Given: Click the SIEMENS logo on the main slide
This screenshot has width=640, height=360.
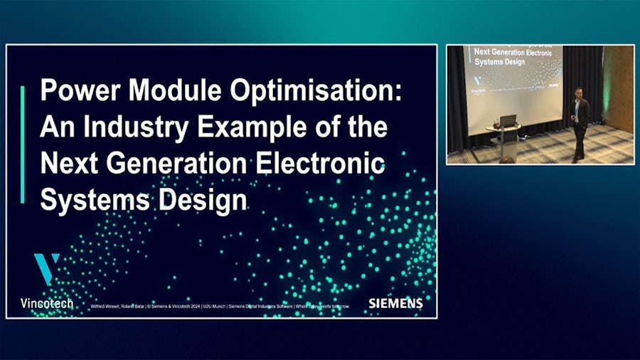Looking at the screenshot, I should click(x=395, y=303).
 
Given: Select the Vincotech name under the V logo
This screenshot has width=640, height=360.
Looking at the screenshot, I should click(x=48, y=303).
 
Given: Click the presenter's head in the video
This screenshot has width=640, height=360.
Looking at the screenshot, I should click(x=579, y=93).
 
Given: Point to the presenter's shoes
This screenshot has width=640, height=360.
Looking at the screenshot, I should click(x=578, y=159).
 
